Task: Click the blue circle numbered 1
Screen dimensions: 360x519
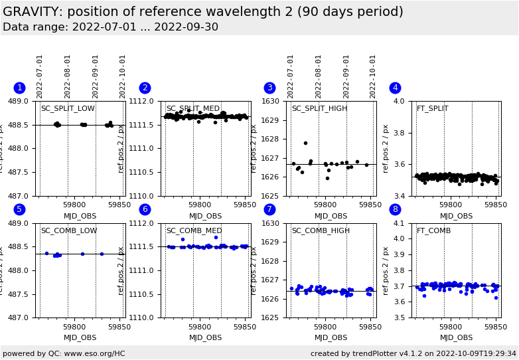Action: coord(19,88)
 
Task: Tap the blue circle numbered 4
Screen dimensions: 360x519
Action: coord(395,88)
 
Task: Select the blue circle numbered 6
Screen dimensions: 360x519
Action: coord(145,210)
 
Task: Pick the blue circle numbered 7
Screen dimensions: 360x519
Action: coord(269,210)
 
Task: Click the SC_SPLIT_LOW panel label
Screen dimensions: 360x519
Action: coord(68,109)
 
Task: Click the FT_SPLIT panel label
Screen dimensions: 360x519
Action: coord(432,109)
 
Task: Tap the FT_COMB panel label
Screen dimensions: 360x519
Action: coord(433,231)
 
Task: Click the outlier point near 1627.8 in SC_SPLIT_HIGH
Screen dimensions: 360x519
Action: coord(305,143)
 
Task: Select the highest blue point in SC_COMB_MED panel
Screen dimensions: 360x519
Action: coord(216,237)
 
